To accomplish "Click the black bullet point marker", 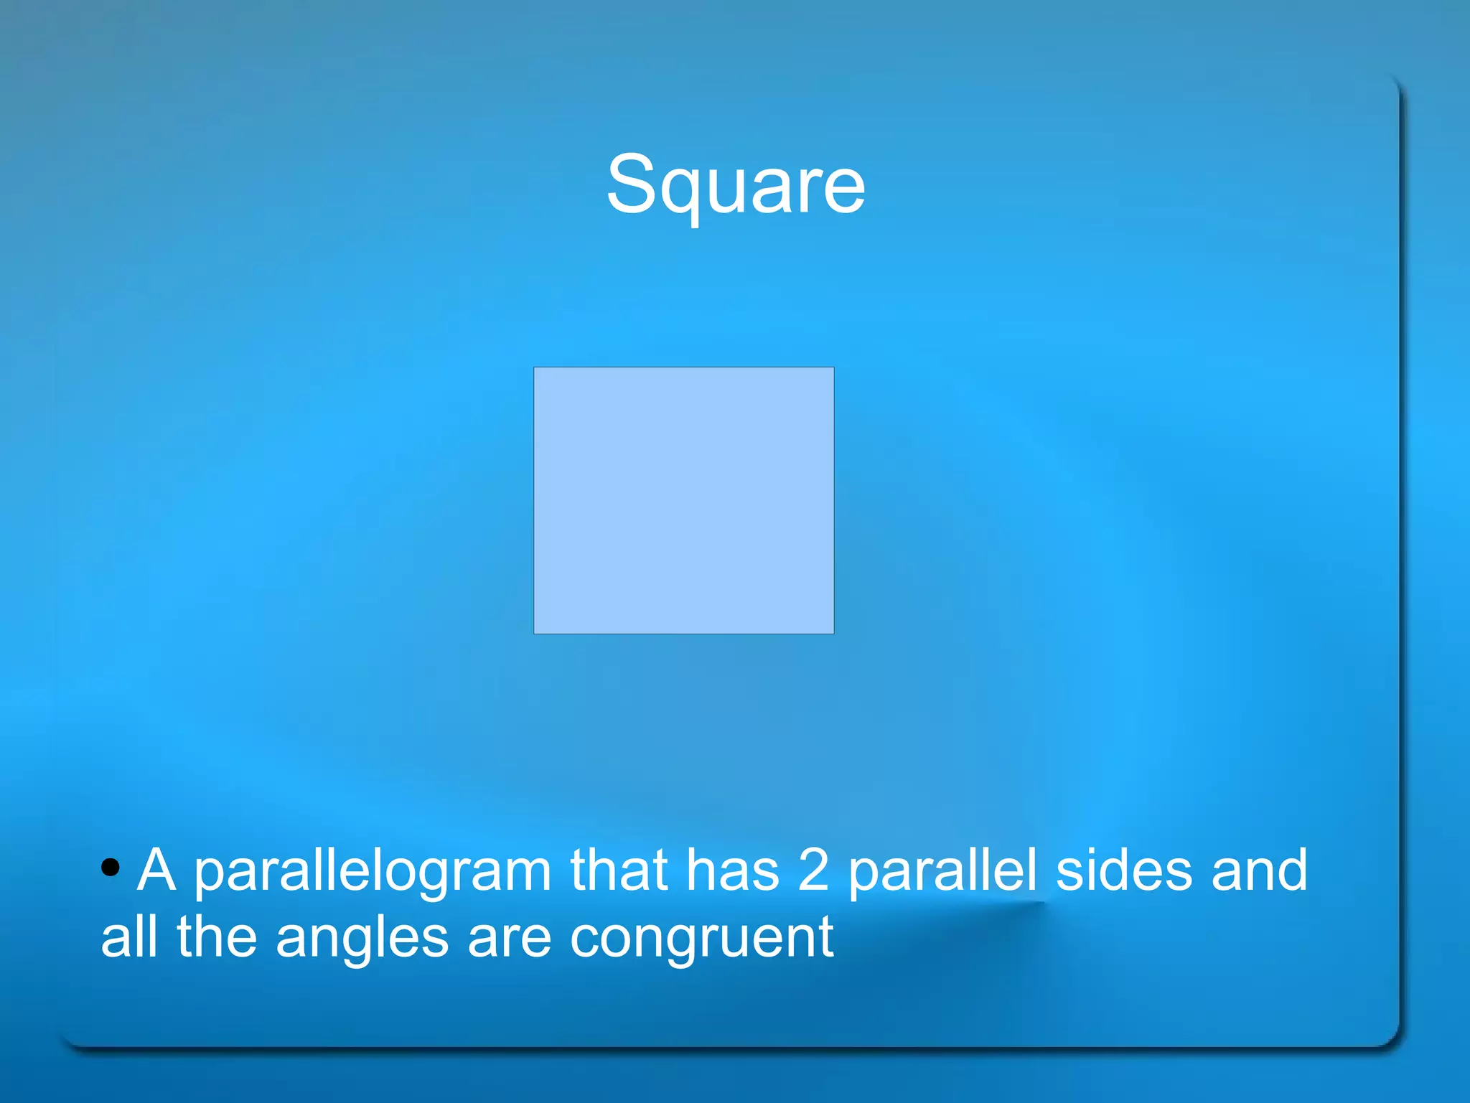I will coord(110,867).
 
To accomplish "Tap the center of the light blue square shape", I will coord(683,500).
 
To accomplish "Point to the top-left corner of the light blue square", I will coord(535,368).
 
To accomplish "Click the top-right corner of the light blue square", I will coord(833,368).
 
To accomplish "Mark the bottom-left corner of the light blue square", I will coord(535,632).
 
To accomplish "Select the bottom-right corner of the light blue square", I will coord(833,632).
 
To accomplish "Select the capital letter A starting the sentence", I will coord(156,870).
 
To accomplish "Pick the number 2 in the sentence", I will coord(813,870).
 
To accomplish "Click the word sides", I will coord(1124,870).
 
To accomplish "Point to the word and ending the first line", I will coord(1259,870).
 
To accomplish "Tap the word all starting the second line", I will coord(128,937).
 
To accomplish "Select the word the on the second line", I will coord(217,937).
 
